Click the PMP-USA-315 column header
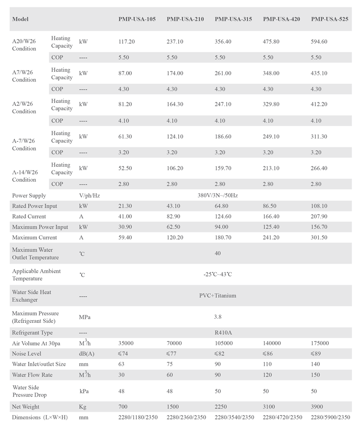tap(233, 19)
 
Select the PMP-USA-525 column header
tap(330, 19)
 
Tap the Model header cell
tap(21, 19)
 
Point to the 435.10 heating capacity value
tap(319, 73)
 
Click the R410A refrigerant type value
tap(223, 332)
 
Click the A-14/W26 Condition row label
tap(25, 176)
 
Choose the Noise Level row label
tap(27, 353)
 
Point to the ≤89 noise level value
tap(316, 353)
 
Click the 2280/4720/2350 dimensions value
tap(282, 417)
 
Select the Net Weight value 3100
tap(269, 407)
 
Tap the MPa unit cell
tap(84, 316)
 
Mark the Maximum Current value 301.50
tap(319, 237)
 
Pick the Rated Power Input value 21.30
tap(125, 206)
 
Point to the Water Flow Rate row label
tap(30, 375)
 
